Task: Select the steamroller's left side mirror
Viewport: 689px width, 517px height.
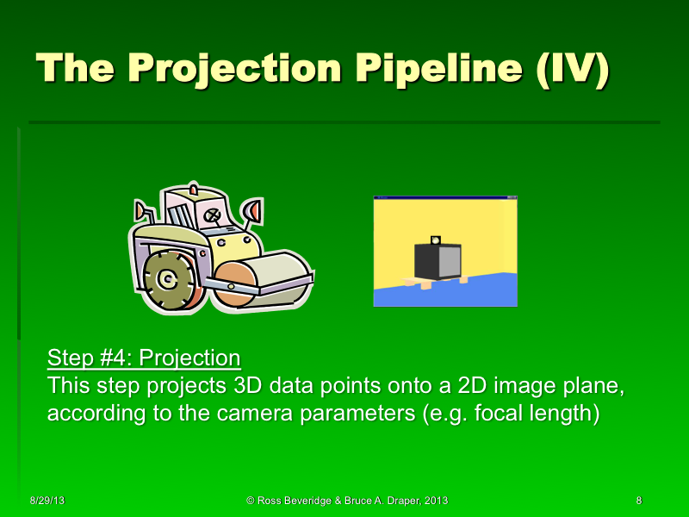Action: tap(140, 209)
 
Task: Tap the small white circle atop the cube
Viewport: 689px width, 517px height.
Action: tap(436, 240)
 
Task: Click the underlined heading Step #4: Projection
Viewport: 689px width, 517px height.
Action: tap(144, 358)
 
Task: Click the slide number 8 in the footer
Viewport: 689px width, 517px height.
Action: tap(638, 501)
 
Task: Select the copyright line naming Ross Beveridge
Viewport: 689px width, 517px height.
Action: tap(346, 501)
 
